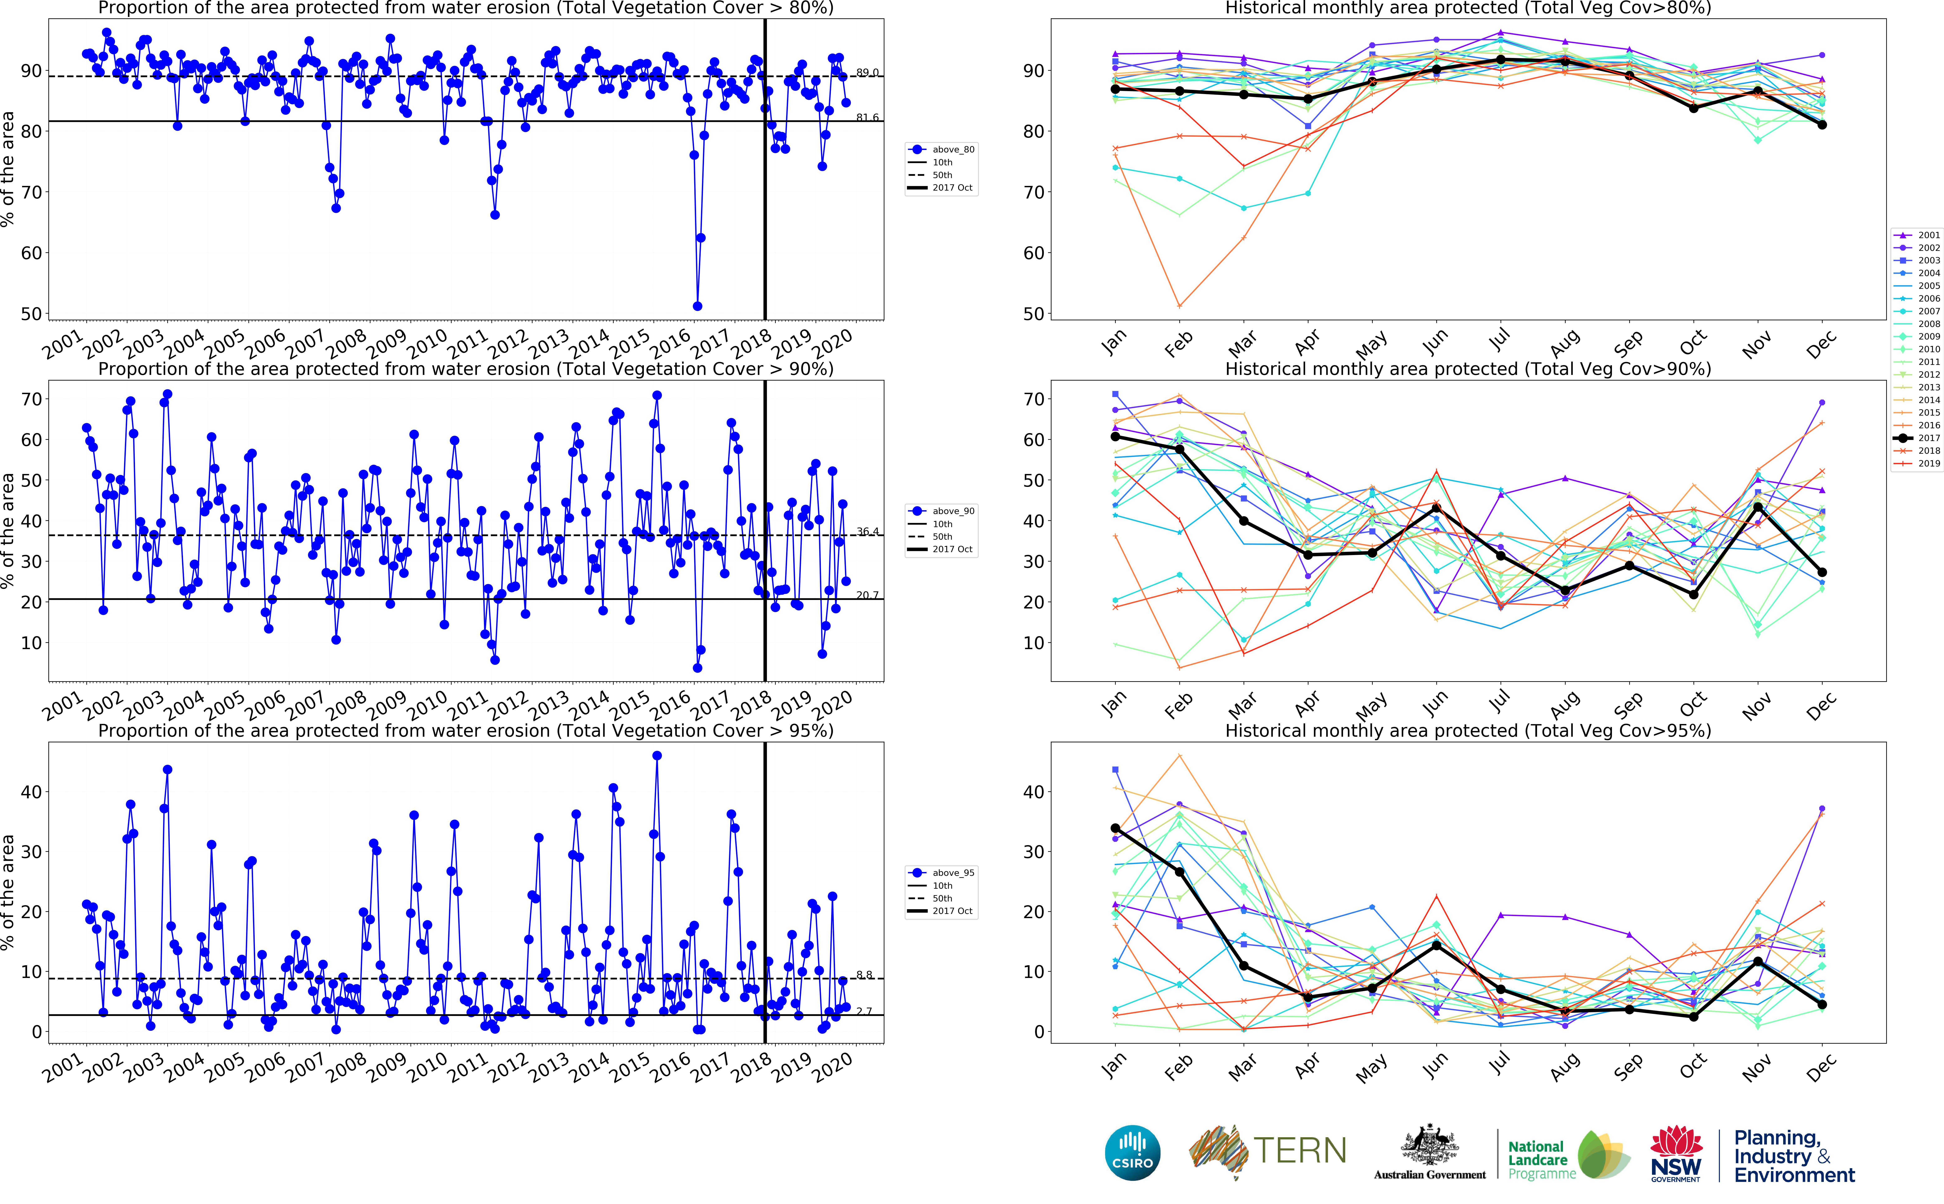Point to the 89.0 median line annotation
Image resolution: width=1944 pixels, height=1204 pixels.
pyautogui.click(x=867, y=73)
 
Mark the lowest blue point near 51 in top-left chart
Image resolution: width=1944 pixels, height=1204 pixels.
pyautogui.click(x=698, y=306)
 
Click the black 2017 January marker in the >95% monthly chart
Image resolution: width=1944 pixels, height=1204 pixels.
pyautogui.click(x=1115, y=828)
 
